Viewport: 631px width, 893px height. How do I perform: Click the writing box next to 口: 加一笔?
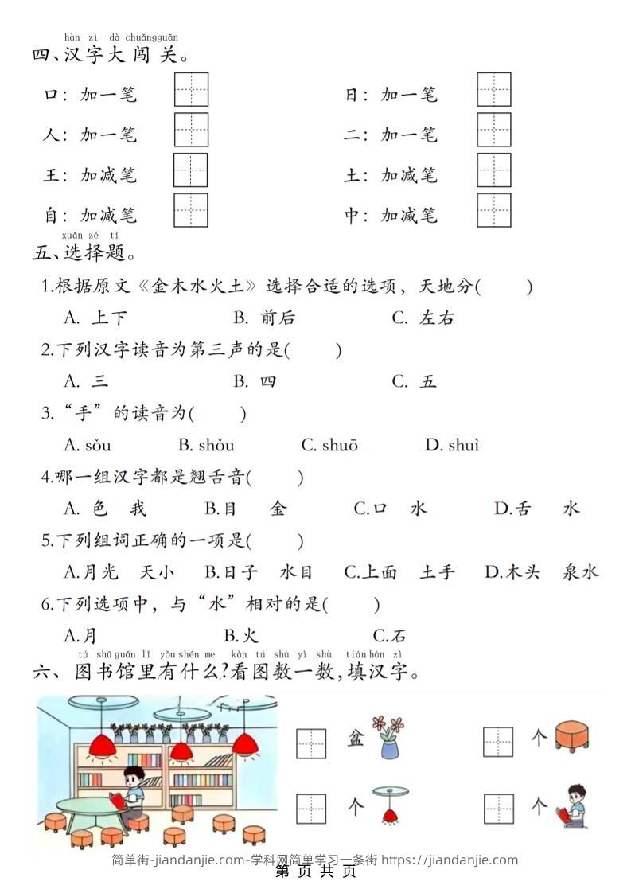tap(191, 89)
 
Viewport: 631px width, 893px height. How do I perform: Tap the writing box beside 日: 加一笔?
tap(494, 89)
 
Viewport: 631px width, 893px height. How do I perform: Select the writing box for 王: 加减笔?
tap(191, 170)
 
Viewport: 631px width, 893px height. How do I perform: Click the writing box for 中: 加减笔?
tap(494, 211)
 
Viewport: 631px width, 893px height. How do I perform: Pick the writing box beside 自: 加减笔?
tap(191, 211)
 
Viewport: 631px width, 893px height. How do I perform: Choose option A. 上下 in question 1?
tap(95, 318)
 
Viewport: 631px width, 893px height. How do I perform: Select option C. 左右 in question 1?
tap(423, 318)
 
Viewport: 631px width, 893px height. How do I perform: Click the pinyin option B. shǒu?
tap(206, 446)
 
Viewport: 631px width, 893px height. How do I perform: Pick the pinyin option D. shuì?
tap(452, 446)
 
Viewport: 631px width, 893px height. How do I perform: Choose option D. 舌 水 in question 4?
tap(537, 509)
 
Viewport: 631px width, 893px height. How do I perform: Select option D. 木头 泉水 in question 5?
tap(541, 572)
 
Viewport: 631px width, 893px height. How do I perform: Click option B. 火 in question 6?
tap(242, 636)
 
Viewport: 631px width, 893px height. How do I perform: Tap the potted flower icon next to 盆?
tap(389, 737)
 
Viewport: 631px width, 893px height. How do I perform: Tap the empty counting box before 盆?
tap(311, 742)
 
